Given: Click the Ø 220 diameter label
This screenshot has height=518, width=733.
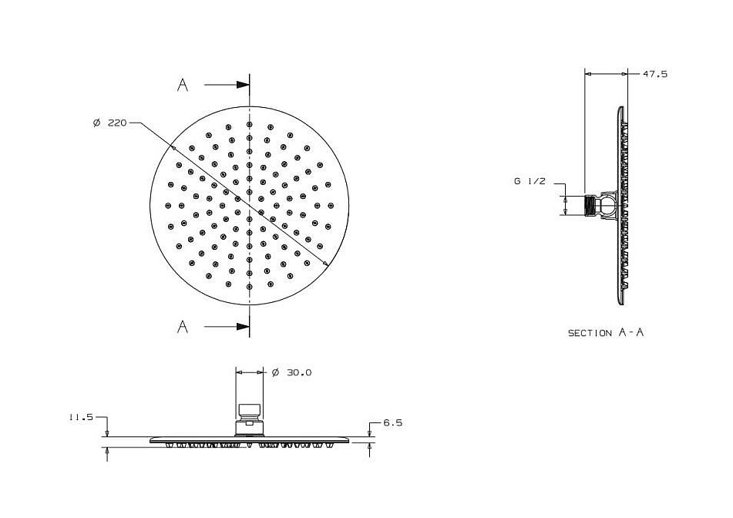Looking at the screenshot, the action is [x=110, y=123].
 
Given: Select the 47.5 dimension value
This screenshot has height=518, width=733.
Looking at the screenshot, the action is [x=655, y=74].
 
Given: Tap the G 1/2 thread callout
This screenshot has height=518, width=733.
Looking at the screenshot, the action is [x=530, y=181].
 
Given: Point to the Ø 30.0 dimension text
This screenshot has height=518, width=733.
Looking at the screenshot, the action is [x=291, y=372].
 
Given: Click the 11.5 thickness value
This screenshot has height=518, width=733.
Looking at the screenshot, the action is [x=82, y=418].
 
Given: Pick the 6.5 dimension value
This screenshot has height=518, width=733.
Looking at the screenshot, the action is [x=392, y=422].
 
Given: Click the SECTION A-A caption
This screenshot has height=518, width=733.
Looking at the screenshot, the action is [x=606, y=332].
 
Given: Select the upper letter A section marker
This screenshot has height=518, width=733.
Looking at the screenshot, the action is [x=183, y=85].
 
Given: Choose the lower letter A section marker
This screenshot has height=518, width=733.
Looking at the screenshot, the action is [x=183, y=326].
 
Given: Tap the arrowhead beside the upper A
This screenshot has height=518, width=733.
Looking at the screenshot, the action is [x=243, y=85].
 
